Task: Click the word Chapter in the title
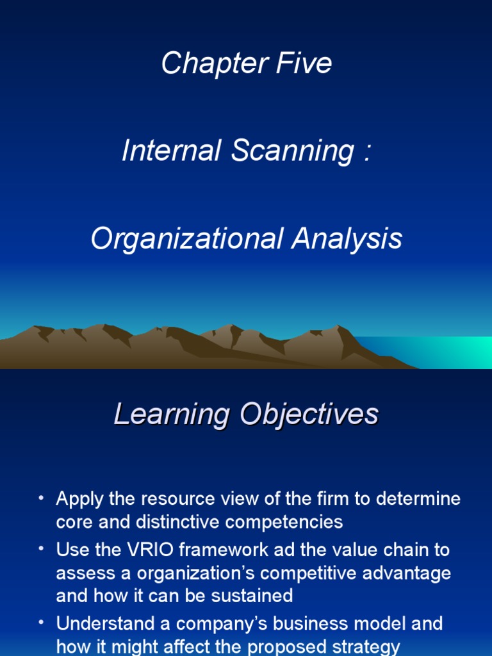point(203,63)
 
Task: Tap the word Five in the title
point(302,63)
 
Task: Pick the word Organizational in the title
point(187,239)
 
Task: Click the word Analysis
point(347,239)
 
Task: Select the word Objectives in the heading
point(309,415)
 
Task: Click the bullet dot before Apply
point(42,498)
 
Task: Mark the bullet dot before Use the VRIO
point(42,550)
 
